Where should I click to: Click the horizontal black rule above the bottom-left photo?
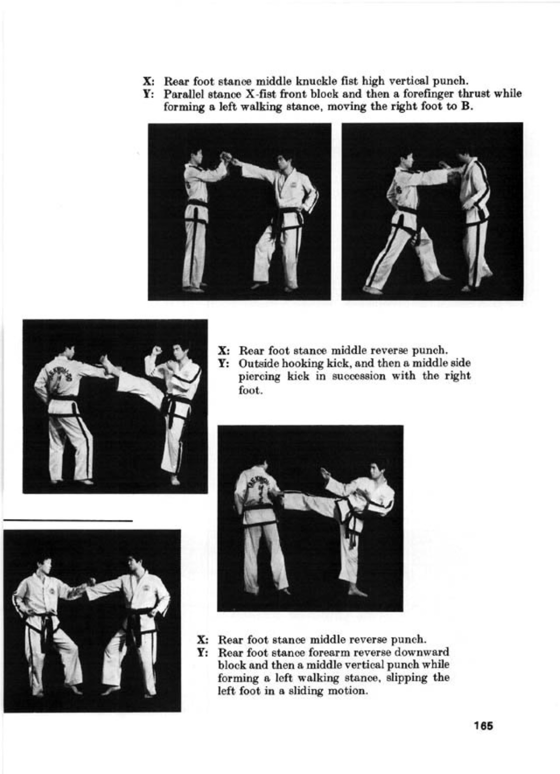[x=68, y=520]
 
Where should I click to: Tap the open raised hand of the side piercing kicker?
[x=324, y=473]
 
